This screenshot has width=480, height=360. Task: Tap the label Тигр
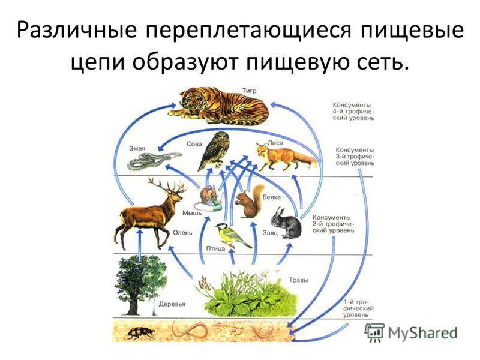[249, 91]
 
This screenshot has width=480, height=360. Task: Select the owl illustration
[214, 151]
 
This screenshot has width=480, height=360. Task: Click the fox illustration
[284, 157]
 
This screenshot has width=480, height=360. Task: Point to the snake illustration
[153, 161]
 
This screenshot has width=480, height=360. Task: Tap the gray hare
[287, 223]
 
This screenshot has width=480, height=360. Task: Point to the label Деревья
[172, 304]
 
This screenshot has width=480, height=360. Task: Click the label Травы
[298, 280]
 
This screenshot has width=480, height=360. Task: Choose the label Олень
[182, 233]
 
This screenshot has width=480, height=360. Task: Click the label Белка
[272, 197]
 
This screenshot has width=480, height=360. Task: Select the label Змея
[137, 148]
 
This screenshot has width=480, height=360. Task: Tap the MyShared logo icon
[374, 333]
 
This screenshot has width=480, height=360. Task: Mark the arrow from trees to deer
[140, 245]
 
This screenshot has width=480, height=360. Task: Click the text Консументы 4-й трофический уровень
[353, 112]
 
